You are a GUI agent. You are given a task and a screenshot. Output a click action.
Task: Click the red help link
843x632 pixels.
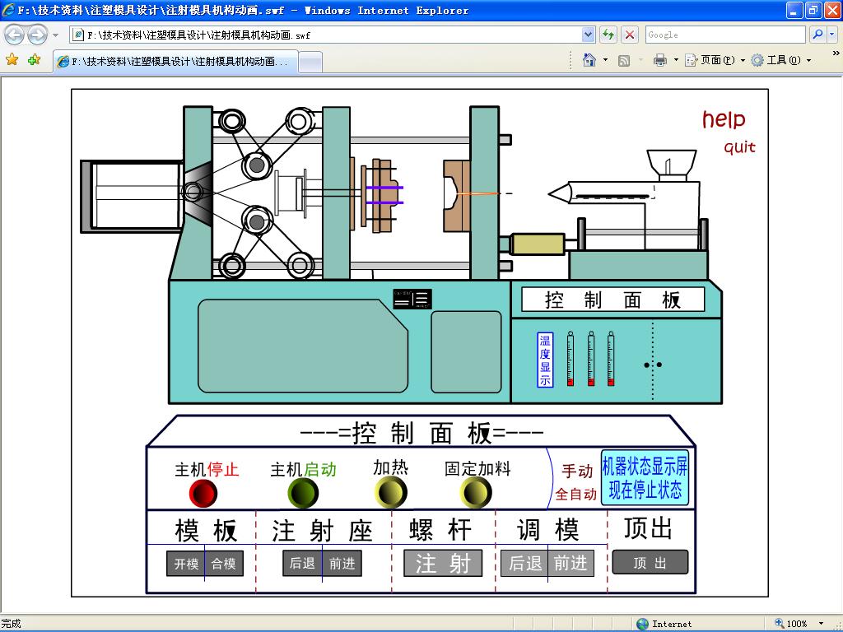pyautogui.click(x=724, y=120)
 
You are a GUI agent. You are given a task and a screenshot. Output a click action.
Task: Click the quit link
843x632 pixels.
pyautogui.click(x=739, y=148)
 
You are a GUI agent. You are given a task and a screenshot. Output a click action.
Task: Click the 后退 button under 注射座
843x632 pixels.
pyautogui.click(x=302, y=564)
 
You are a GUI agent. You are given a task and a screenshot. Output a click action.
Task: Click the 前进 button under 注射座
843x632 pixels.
pyautogui.click(x=342, y=564)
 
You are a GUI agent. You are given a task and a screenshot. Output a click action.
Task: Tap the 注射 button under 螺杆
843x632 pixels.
pyautogui.click(x=443, y=564)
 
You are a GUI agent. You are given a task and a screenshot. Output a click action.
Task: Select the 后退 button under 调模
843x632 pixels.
pyautogui.click(x=524, y=564)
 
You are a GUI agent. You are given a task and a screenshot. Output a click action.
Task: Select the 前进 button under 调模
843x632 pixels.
pyautogui.click(x=571, y=564)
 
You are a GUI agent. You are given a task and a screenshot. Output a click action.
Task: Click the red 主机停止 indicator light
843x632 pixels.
pyautogui.click(x=203, y=494)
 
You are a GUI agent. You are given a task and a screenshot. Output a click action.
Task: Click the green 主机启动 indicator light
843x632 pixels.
pyautogui.click(x=302, y=494)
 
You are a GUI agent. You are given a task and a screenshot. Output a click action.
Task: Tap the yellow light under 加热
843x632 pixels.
pyautogui.click(x=390, y=494)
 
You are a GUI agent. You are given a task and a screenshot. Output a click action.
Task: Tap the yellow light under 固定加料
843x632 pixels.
pyautogui.click(x=477, y=494)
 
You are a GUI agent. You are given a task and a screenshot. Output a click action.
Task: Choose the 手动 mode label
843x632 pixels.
pyautogui.click(x=577, y=472)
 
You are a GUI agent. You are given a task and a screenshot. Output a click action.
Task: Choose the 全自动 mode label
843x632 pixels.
pyautogui.click(x=575, y=495)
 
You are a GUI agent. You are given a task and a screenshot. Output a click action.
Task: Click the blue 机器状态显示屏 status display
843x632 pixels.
pyautogui.click(x=645, y=478)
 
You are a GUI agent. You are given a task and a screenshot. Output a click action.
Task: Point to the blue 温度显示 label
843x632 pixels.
pyautogui.click(x=545, y=360)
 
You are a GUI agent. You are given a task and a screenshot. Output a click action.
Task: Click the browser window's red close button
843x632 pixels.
pyautogui.click(x=831, y=11)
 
